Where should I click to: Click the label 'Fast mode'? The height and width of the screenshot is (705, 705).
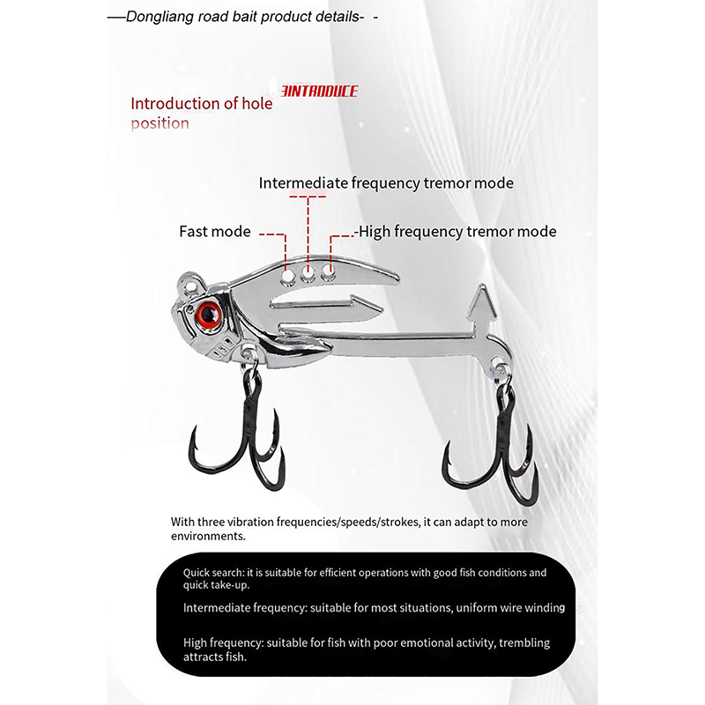point(215,232)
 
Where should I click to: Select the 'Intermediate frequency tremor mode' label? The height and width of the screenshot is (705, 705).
point(385,183)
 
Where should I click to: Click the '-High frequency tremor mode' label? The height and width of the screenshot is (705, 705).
point(455,232)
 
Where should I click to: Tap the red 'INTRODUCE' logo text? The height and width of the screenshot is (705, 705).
point(318,91)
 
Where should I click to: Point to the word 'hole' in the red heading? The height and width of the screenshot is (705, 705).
point(256,103)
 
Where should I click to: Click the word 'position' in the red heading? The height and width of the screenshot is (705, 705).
point(160,123)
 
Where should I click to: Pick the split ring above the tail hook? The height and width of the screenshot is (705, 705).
point(500,368)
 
